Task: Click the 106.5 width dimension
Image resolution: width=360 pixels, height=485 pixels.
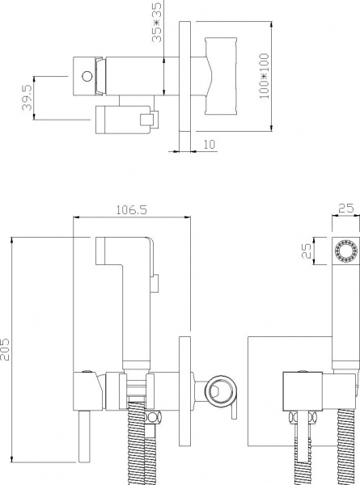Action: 131,210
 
